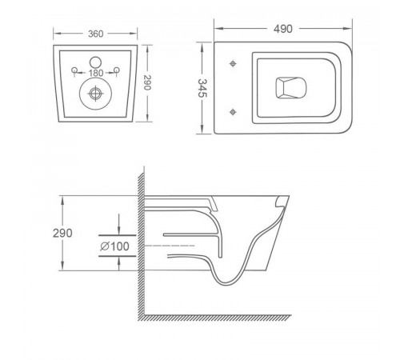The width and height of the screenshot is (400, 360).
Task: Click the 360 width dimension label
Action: point(96,34)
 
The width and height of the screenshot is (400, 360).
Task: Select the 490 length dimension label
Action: point(283,29)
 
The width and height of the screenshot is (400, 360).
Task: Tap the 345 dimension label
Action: point(202,88)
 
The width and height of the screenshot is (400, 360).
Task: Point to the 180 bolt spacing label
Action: point(96,73)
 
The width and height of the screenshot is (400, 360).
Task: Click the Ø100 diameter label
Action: point(114,246)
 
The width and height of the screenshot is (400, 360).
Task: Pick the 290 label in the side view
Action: point(62,233)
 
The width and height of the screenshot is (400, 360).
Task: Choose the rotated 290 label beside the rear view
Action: point(147,82)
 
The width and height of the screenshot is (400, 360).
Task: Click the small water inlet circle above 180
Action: point(95,62)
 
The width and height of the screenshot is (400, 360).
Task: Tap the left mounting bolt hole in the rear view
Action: point(74,70)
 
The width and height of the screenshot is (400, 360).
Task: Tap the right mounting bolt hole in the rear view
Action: point(116,70)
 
